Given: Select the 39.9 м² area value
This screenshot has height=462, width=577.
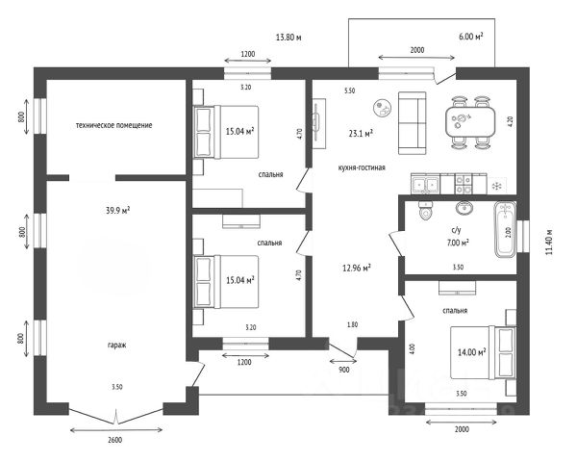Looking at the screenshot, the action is [x=118, y=210].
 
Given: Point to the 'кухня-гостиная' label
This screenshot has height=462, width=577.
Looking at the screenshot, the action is [x=362, y=167].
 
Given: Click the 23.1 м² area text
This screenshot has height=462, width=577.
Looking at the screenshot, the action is [x=362, y=135].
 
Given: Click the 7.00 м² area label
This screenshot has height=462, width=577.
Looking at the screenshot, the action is [x=457, y=244].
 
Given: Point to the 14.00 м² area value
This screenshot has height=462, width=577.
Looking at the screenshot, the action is [x=471, y=352].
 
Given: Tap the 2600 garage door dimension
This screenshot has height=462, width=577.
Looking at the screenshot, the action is [x=115, y=440].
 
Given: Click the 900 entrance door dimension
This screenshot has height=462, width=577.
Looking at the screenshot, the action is [x=344, y=369].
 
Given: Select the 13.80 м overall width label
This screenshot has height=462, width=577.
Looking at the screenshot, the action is [x=288, y=38].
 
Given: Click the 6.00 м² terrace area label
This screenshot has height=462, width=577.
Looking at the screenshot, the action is [x=471, y=36].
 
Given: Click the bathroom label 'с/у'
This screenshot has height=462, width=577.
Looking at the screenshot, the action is [x=456, y=230].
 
